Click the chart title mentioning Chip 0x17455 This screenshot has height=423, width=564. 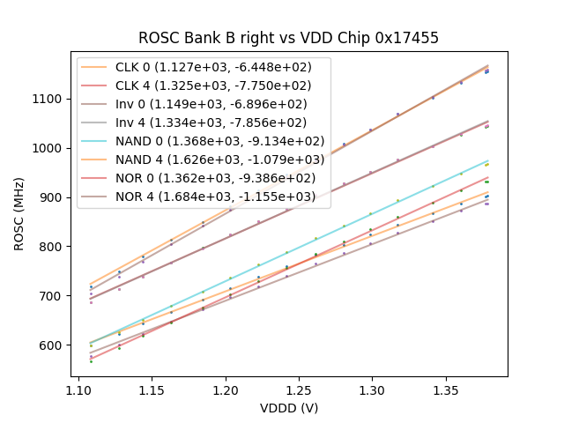click(288, 38)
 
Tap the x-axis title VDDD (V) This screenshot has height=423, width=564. click(288, 408)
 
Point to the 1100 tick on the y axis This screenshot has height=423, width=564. click(49, 99)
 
